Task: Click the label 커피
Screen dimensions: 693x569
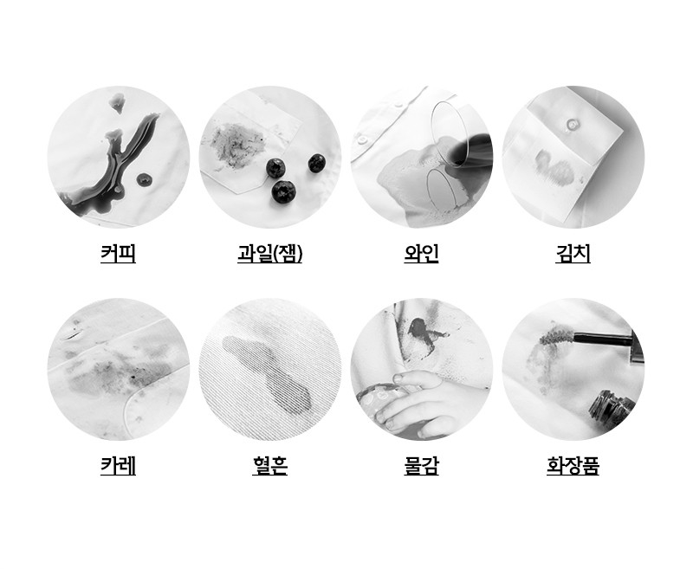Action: (118, 254)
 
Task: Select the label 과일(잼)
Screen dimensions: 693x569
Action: (269, 254)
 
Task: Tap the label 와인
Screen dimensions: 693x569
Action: (421, 254)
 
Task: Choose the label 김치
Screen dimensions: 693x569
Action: (573, 254)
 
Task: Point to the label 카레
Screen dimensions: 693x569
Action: (118, 466)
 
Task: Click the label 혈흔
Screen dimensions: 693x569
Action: (269, 466)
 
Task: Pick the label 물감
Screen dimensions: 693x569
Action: (421, 466)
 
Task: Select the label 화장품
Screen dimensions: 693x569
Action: (573, 466)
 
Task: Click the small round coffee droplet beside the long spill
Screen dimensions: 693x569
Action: (144, 179)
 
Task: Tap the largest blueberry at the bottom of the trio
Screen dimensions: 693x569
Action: (283, 191)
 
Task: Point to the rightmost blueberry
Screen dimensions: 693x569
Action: (317, 163)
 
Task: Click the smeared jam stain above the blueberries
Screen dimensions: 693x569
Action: (233, 144)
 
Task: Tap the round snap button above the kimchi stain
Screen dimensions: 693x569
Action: (571, 125)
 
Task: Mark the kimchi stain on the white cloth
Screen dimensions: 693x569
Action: (554, 168)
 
